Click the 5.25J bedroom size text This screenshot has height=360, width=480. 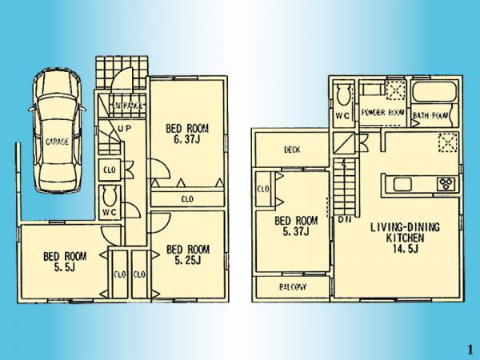pyautogui.click(x=187, y=259)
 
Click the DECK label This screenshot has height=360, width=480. pyautogui.click(x=292, y=150)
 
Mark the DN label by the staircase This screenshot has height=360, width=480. pyautogui.click(x=345, y=218)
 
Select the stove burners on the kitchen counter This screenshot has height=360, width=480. pyautogui.click(x=445, y=185)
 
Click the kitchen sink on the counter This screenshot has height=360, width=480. pyautogui.click(x=403, y=185)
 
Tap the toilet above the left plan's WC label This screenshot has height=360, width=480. pyautogui.click(x=110, y=195)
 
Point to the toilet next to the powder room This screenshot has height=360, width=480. pyautogui.click(x=342, y=95)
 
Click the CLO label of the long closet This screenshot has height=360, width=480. pyautogui.click(x=186, y=198)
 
